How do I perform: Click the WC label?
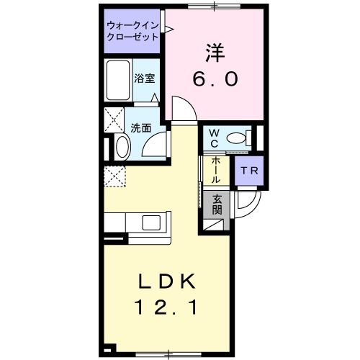(215, 138)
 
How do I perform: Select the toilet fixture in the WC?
(237, 137)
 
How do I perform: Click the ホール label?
(216, 171)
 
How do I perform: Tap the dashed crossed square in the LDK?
(114, 176)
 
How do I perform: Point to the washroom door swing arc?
(155, 142)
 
